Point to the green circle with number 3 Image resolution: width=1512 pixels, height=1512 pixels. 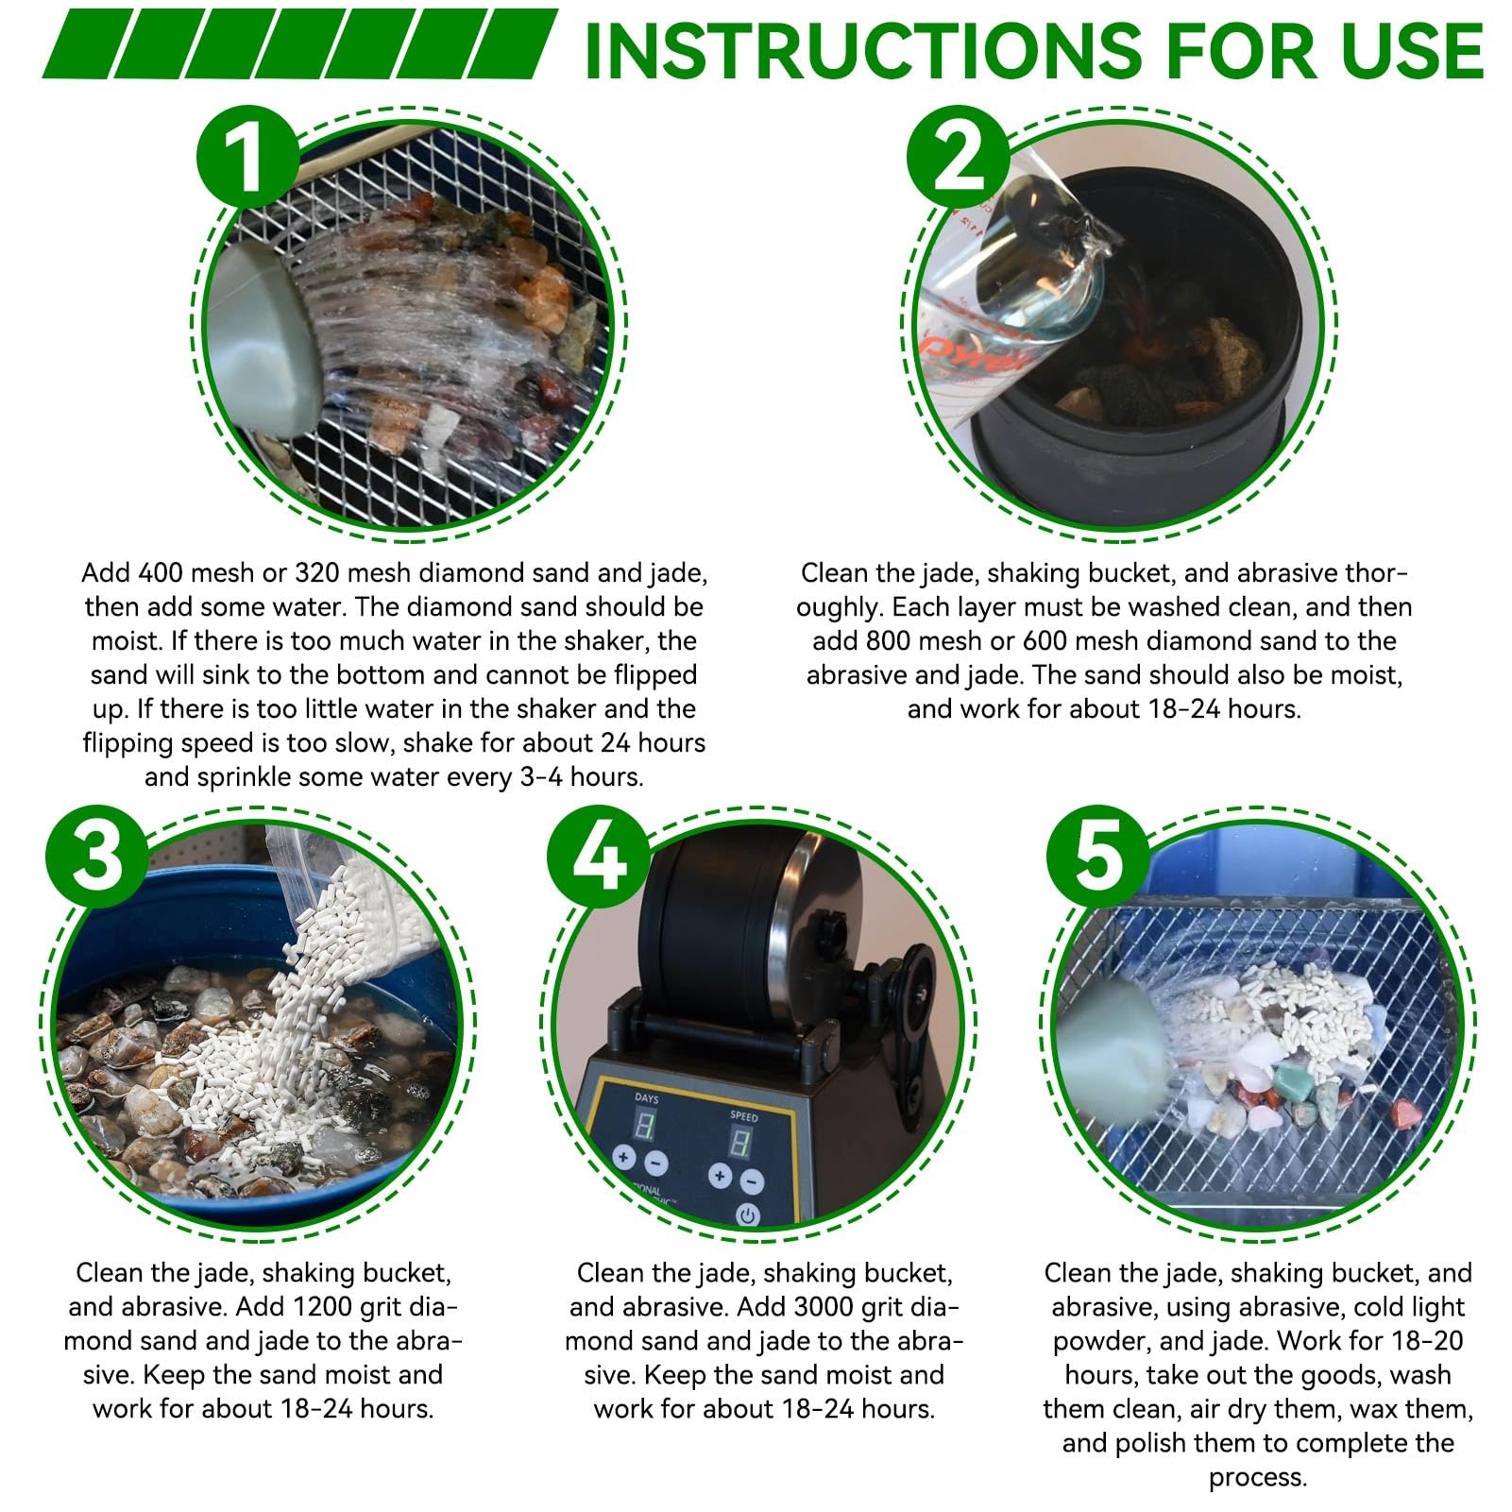point(98,855)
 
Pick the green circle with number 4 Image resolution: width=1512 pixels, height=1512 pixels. point(599,855)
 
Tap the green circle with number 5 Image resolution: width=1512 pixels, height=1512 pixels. point(1099,855)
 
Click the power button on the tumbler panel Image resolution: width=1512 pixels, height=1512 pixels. point(748,1215)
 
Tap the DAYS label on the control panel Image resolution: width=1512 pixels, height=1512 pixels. point(647,1099)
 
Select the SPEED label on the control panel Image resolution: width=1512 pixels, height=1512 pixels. point(743,1116)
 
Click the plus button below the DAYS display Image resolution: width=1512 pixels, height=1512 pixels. point(623,1157)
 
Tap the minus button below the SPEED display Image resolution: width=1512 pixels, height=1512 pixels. point(751,1181)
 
